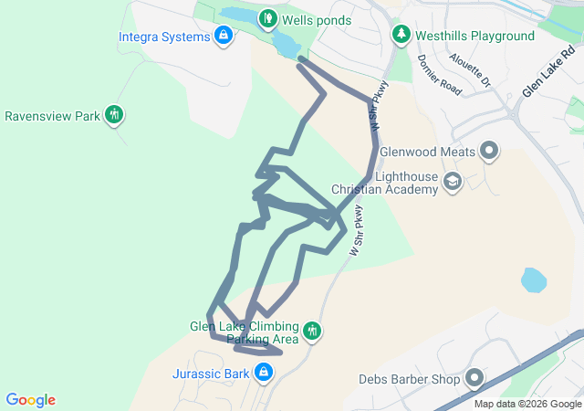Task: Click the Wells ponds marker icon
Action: point(267,17)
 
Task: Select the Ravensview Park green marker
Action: point(114,115)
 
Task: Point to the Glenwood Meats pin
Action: point(489,151)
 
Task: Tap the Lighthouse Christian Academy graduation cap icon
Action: point(452,183)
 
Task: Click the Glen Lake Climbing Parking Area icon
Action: point(313,331)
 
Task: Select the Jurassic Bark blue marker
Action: point(264,372)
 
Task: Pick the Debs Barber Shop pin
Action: point(474,377)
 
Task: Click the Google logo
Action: point(30,400)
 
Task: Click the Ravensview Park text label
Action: point(52,116)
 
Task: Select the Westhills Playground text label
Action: point(474,36)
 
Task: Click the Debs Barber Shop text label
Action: point(409,378)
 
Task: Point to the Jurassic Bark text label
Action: point(211,373)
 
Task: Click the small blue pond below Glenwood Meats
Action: point(534,279)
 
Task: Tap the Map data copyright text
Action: point(527,404)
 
